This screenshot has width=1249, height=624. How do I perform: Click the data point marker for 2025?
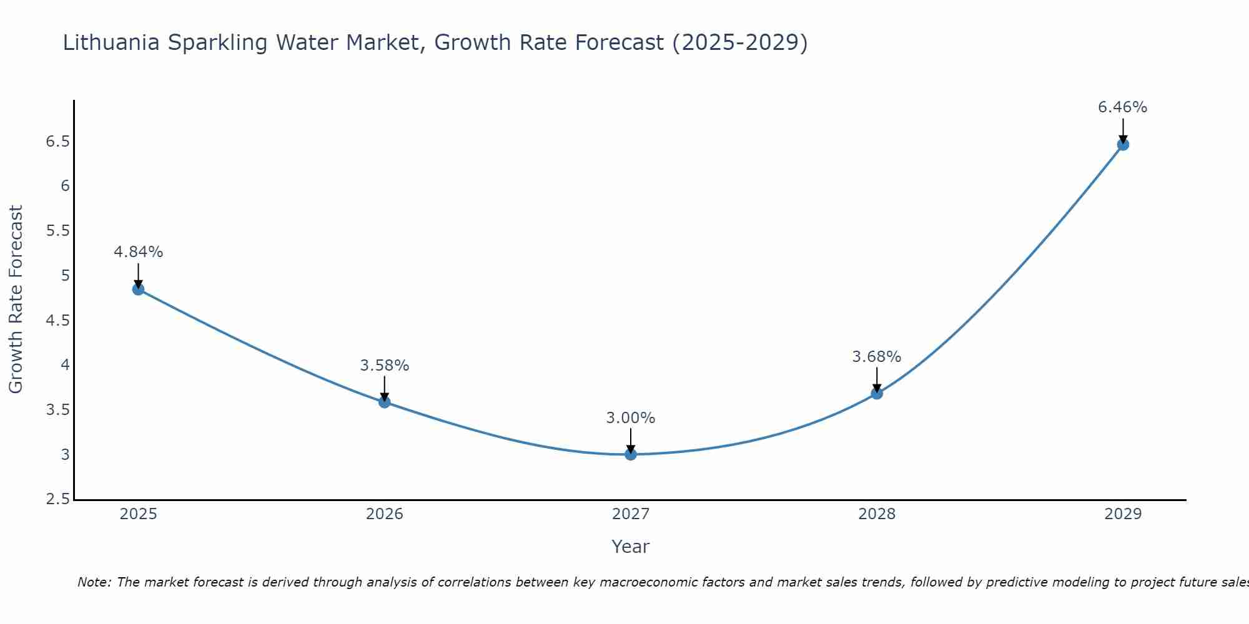(138, 289)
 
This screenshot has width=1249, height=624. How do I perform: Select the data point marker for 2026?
(384, 402)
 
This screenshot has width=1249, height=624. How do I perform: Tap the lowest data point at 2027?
(631, 454)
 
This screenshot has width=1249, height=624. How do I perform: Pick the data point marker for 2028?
(877, 393)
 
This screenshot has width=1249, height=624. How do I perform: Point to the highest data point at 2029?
(1123, 145)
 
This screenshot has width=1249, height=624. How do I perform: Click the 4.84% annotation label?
(138, 252)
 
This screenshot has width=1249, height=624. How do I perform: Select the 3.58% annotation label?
(384, 366)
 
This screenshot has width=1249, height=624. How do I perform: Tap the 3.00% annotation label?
(631, 418)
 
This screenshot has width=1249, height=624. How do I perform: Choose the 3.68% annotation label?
(877, 357)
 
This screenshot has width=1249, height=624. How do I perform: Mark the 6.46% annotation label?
(1123, 107)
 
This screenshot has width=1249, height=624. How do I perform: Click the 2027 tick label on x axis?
(631, 514)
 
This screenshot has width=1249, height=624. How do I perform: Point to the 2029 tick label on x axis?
(1123, 514)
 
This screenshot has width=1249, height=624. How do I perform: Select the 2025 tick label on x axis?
(138, 514)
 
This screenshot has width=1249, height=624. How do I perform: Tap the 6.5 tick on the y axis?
(57, 142)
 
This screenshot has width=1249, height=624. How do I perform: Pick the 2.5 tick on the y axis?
(57, 499)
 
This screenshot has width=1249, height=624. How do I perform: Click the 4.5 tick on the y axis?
(57, 321)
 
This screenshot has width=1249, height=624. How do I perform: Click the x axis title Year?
(631, 547)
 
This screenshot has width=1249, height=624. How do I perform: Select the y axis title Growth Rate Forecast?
(16, 300)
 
